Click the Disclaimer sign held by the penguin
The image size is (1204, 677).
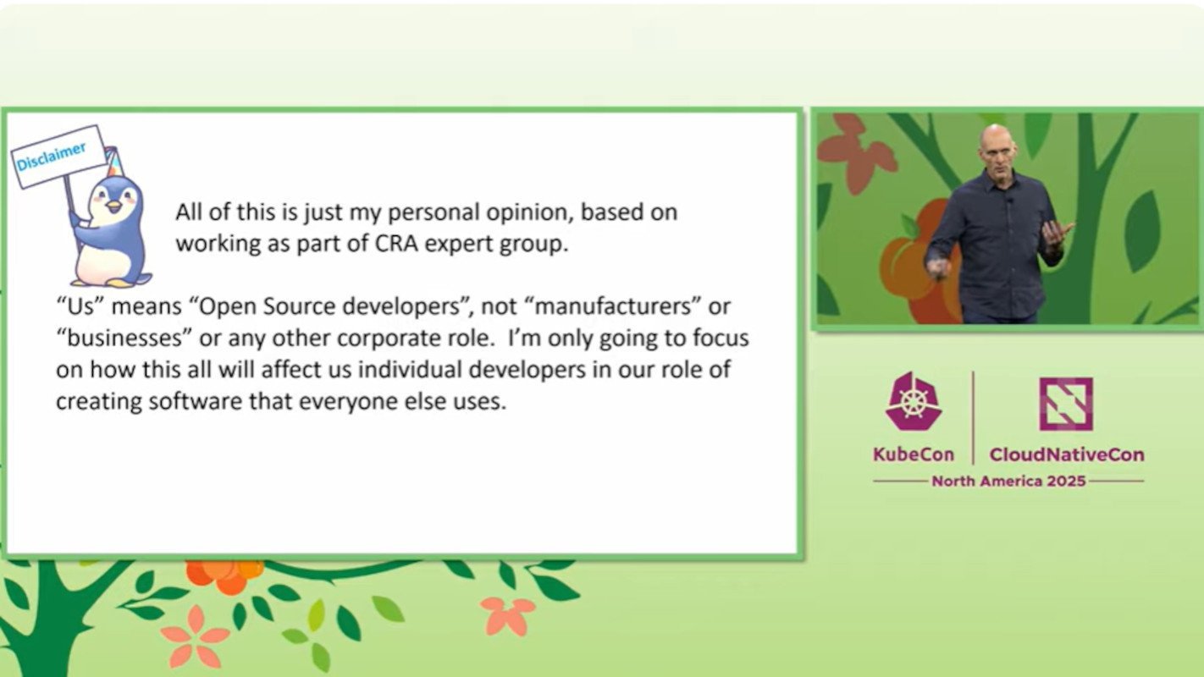tap(57, 157)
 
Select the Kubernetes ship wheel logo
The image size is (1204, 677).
tap(914, 402)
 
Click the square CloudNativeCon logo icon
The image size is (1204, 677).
tap(1065, 404)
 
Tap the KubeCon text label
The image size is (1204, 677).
tap(914, 454)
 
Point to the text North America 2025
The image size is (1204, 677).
tap(1008, 481)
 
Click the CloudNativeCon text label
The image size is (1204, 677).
tap(1066, 454)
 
